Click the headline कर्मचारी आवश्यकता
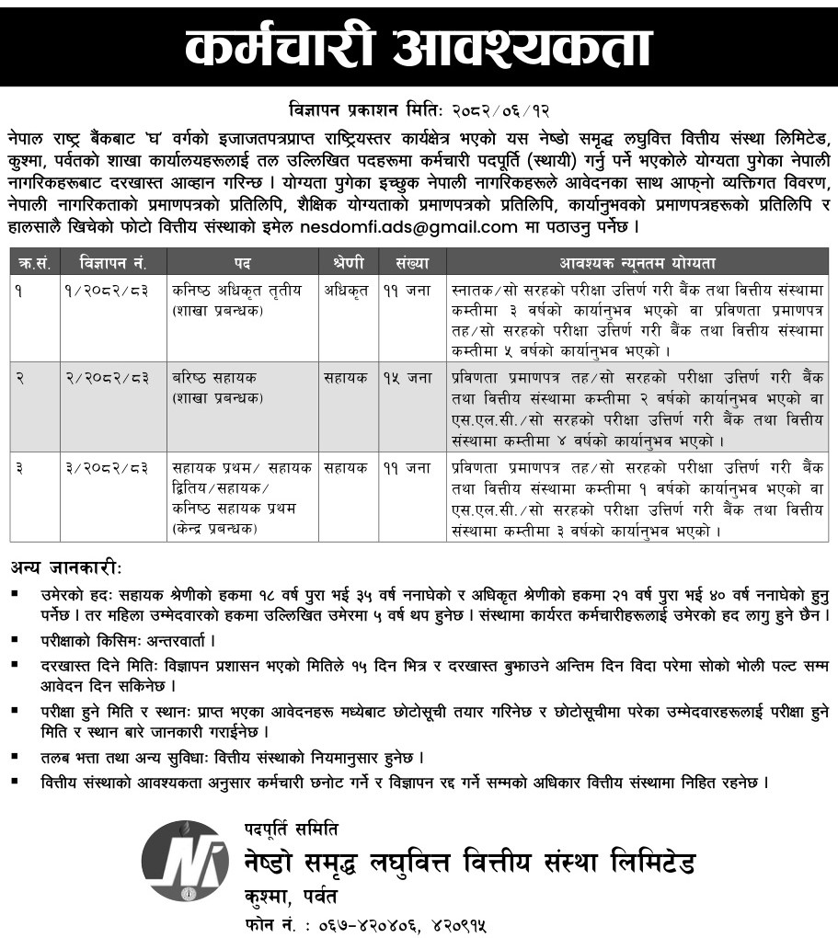click(x=419, y=45)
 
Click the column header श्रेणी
click(x=348, y=263)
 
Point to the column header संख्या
click(x=412, y=263)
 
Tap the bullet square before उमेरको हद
click(x=16, y=593)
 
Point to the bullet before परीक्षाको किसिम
click(x=16, y=637)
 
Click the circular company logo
click(x=185, y=860)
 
